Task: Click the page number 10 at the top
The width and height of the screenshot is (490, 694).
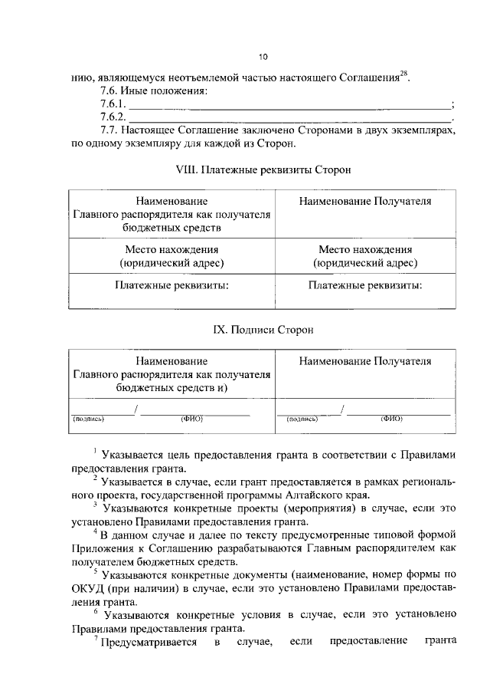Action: pos(263,57)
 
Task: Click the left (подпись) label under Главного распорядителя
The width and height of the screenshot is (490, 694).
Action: pos(89,419)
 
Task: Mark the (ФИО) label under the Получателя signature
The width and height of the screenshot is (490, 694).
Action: pos(391,419)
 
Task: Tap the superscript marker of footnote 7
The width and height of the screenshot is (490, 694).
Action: pos(96,638)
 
